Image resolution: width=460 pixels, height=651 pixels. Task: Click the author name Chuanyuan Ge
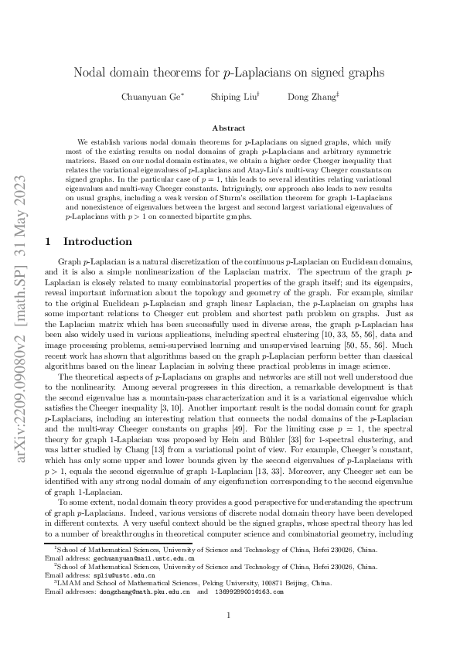coord(151,97)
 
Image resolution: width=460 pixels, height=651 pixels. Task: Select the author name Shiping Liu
coord(224,97)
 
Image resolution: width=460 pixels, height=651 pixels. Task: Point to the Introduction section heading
coord(101,241)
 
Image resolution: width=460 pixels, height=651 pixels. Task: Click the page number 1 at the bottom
coord(229,615)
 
